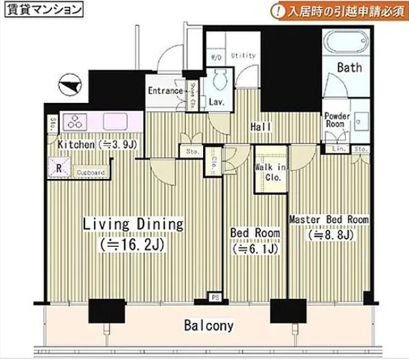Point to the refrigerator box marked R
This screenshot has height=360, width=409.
click(59, 167)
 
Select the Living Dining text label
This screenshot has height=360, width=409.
click(133, 224)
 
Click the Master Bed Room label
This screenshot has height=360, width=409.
click(328, 220)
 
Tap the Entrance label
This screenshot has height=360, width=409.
click(165, 91)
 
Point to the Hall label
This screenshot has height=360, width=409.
click(259, 126)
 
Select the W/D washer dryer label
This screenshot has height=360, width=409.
click(215, 58)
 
